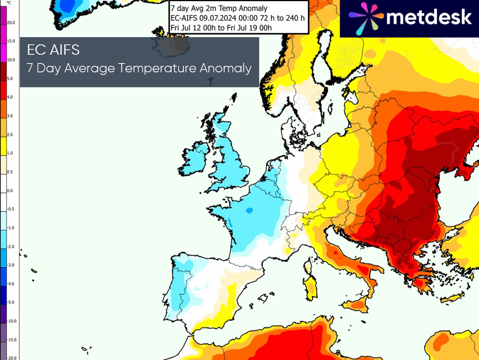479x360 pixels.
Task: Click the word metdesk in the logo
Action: coord(429,18)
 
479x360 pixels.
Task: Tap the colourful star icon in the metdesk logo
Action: coord(364,18)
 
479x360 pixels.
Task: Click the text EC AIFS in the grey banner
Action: coord(53,50)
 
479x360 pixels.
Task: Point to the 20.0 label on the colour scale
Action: coord(11,23)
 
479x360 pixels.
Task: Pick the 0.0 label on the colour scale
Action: coord(10,191)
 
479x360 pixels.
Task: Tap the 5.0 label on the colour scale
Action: coord(10,79)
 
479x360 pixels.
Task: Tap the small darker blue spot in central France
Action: coord(249,210)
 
